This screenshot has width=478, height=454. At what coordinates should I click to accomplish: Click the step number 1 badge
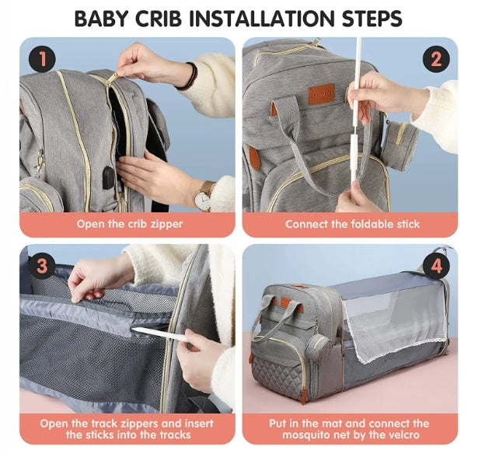(x=43, y=59)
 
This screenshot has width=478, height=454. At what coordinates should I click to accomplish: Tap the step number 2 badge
(x=435, y=59)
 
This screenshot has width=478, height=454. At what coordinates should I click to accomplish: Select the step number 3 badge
(x=43, y=267)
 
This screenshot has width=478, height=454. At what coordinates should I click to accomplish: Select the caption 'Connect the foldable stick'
(x=352, y=225)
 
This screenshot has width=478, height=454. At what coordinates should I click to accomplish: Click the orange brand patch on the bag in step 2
(x=321, y=94)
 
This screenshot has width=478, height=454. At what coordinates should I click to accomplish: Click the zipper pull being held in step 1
(x=113, y=79)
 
